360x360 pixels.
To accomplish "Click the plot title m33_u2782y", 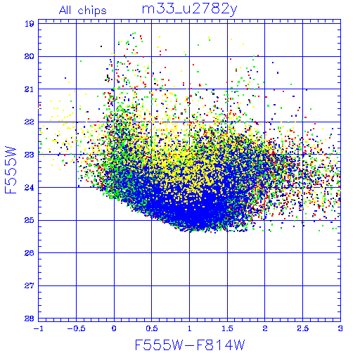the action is [x=189, y=10].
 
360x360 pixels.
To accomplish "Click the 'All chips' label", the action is [x=83, y=11].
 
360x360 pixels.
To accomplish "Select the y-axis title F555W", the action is [x=11, y=170].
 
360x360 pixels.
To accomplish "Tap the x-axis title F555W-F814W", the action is [x=190, y=345].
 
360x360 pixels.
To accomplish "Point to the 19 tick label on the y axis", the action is [x=30, y=24].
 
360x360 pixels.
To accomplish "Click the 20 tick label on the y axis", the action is [x=30, y=56].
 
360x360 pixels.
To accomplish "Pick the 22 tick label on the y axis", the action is [x=30, y=122].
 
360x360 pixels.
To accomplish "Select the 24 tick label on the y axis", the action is [x=30, y=187].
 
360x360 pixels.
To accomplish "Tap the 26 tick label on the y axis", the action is [x=30, y=253].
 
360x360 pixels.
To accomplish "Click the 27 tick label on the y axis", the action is [x=30, y=285].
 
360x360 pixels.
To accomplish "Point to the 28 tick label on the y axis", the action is [x=30, y=319].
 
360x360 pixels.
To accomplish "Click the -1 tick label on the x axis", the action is [x=38, y=328].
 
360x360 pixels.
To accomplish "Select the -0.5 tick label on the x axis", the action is [x=76, y=328].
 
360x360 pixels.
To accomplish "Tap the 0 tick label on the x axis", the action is [x=114, y=328].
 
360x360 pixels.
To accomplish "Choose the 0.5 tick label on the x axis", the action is [x=152, y=328].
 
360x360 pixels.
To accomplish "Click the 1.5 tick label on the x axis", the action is [x=227, y=328].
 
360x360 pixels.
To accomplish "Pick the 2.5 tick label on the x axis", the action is [x=303, y=328].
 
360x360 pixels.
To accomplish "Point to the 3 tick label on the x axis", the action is [x=340, y=328].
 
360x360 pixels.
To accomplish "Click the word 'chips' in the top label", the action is [x=92, y=11].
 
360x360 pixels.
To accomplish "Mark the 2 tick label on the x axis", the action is [x=265, y=328].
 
